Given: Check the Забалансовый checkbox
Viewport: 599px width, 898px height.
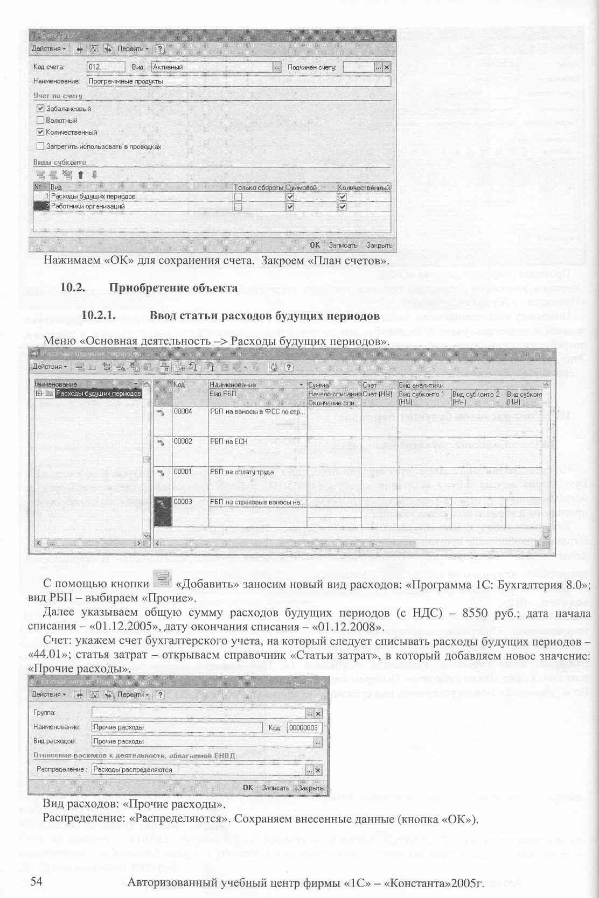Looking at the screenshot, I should [40, 109].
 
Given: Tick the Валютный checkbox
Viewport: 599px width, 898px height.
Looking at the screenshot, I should [40, 121].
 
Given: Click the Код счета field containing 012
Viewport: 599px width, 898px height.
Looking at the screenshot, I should [105, 67].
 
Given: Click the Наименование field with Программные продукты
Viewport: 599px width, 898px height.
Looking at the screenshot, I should [237, 82].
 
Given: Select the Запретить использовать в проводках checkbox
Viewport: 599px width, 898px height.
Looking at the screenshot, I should [40, 146].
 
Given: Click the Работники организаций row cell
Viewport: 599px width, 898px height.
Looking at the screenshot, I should [140, 207].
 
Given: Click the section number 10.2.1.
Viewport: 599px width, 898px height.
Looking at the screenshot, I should [99, 315].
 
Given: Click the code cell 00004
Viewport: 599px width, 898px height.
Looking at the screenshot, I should [183, 411].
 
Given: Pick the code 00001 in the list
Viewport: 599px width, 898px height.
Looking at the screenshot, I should [183, 472].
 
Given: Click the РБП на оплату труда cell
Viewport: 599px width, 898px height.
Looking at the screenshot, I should [242, 472].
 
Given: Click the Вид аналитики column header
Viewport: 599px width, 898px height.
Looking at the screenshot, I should [421, 385].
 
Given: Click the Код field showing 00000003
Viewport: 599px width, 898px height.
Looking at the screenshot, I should [304, 728].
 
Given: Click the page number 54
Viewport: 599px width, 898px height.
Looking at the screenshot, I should [36, 881].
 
